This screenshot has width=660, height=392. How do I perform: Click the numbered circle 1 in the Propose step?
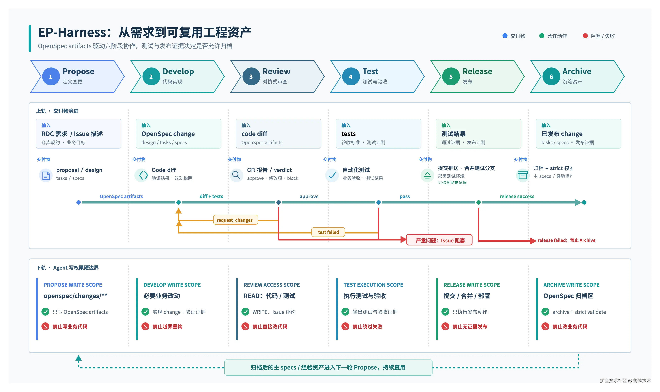point(51,77)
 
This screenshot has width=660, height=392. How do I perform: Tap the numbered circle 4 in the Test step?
point(351,77)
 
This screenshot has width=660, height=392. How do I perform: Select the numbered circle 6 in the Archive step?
point(551,77)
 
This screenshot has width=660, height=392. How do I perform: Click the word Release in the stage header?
point(477,71)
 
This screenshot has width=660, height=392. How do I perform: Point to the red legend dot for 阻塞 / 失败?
point(585,36)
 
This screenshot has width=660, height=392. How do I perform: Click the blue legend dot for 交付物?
point(505,36)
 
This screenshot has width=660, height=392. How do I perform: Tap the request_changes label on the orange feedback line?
point(235,220)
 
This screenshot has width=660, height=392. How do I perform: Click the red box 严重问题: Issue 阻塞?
point(439,240)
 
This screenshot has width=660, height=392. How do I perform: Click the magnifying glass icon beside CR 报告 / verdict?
point(236,175)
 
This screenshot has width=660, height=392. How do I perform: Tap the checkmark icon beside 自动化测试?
point(332,175)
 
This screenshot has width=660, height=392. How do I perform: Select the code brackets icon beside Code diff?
point(143,175)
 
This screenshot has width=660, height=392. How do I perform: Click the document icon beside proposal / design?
point(46,175)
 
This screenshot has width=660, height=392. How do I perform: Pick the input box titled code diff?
point(278,134)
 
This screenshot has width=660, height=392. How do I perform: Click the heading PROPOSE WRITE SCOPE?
point(73,285)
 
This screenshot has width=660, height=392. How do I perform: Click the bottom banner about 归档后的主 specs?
point(328,367)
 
